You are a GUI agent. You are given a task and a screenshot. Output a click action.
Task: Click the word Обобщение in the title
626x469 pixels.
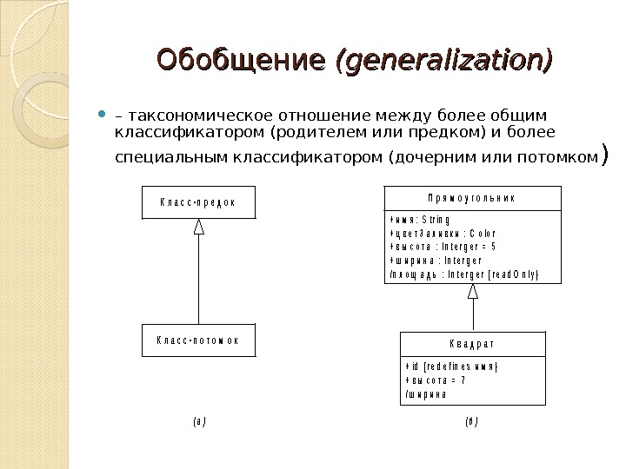(x=242, y=61)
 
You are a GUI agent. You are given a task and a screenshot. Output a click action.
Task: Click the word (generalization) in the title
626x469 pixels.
(x=443, y=61)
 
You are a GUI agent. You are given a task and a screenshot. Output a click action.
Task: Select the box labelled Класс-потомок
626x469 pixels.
(x=199, y=340)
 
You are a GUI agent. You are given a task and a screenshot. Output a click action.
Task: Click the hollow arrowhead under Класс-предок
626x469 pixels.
(x=199, y=227)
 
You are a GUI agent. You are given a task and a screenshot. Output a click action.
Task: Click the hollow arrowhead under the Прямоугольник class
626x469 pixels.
(x=473, y=293)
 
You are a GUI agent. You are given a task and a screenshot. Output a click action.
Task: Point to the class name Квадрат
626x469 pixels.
(x=473, y=344)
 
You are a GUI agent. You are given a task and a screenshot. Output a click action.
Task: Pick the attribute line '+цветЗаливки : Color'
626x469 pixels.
(x=443, y=234)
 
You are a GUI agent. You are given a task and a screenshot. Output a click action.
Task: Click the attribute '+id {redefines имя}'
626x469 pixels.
(x=450, y=366)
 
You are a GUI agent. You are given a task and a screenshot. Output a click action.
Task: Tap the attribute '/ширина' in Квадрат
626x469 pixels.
(x=426, y=394)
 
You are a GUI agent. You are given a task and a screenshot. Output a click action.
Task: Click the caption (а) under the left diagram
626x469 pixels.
(x=199, y=422)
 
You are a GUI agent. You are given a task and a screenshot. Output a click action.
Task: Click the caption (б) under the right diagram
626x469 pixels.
(x=472, y=422)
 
